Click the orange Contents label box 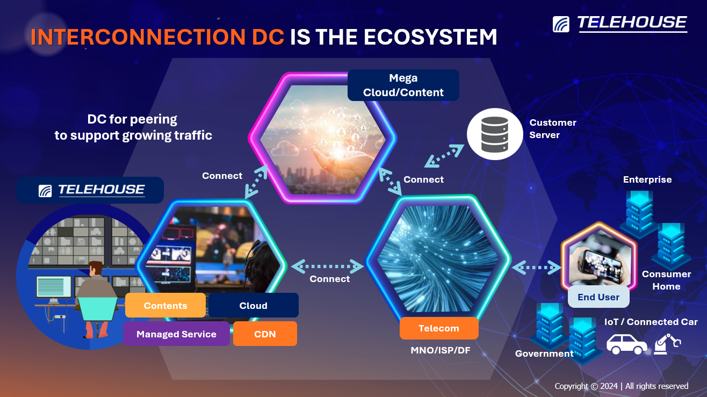tap(165, 305)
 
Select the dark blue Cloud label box tap(254, 305)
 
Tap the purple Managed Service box tap(176, 334)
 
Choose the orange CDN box tap(265, 334)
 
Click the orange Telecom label tap(439, 328)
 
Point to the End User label tap(598, 297)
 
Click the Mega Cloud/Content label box tap(403, 85)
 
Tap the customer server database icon tap(495, 134)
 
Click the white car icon tap(626, 344)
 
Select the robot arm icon tap(667, 344)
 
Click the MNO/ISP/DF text tap(441, 350)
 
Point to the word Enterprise tap(647, 179)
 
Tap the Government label tap(544, 353)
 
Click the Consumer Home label tap(666, 280)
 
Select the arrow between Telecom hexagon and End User tap(536, 268)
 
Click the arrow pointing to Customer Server tap(444, 156)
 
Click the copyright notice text tap(621, 386)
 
